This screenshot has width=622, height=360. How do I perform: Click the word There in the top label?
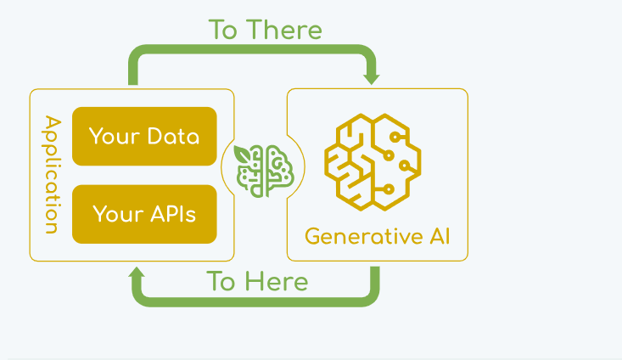(x=284, y=30)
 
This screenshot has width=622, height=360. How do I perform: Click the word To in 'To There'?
(x=223, y=30)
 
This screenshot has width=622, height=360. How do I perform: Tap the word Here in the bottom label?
(x=275, y=281)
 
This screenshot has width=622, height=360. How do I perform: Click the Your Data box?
(x=144, y=136)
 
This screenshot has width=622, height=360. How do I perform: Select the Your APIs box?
(x=144, y=213)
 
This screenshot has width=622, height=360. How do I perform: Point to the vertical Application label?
(x=51, y=175)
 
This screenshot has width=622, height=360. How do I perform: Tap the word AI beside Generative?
(x=434, y=235)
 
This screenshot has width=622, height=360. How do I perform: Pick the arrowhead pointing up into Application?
(x=137, y=273)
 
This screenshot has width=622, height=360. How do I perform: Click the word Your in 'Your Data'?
(x=114, y=136)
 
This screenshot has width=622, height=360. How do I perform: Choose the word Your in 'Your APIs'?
(x=115, y=213)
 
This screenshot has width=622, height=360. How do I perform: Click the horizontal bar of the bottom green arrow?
(x=255, y=300)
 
